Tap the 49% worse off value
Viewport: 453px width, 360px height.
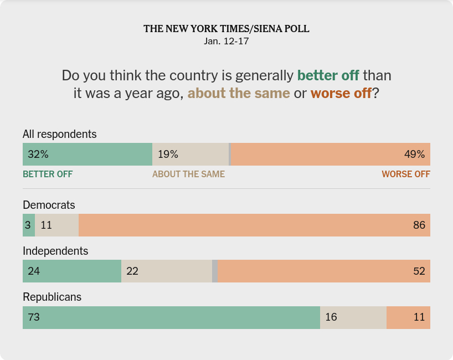(x=414, y=155)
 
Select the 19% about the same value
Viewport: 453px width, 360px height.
(x=168, y=155)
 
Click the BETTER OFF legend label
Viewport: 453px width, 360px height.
(x=48, y=174)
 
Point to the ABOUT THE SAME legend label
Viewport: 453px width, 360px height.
(x=188, y=174)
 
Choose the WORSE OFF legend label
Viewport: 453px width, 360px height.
(x=406, y=174)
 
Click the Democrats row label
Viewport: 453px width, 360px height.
(x=49, y=205)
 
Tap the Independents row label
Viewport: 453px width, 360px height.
(x=55, y=251)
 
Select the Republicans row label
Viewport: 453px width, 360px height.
(x=52, y=297)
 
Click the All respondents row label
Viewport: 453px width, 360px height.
(x=59, y=134)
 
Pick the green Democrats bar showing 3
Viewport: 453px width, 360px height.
(x=29, y=225)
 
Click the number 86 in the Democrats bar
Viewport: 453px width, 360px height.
(x=419, y=225)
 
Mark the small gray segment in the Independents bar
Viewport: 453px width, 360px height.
(x=215, y=271)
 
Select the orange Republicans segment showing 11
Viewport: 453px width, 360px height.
(x=408, y=317)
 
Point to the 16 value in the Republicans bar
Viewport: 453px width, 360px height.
(x=331, y=317)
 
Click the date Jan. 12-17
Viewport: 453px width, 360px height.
(x=226, y=42)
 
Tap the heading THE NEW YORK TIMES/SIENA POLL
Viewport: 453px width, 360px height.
(x=226, y=29)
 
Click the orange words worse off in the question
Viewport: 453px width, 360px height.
(x=341, y=93)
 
